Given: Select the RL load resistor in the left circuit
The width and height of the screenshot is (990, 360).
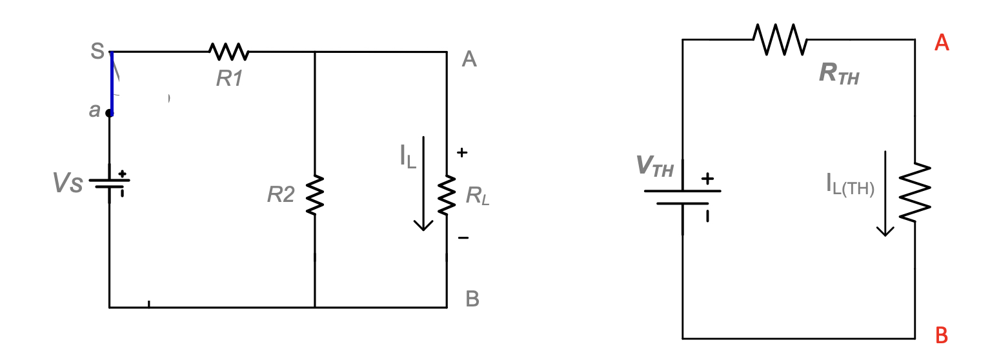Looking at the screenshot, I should point(447,195).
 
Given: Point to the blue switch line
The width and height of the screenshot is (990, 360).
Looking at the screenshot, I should point(111,82).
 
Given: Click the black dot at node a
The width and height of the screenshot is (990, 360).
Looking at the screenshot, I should point(109,113).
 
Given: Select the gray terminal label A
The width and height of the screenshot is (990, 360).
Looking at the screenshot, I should point(470,60).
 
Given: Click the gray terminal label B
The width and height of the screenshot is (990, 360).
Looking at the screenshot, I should point(472,299).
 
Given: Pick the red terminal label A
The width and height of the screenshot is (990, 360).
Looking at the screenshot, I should point(942,43).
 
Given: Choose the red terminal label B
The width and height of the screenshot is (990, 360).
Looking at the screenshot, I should point(942,335).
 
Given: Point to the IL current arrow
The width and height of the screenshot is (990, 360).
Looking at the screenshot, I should point(423,183).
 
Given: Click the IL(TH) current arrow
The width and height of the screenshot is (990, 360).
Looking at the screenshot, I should point(885,194).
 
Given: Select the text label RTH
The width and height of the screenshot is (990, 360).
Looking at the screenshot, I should point(839,74).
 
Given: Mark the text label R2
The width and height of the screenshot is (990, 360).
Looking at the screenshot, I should point(281,194).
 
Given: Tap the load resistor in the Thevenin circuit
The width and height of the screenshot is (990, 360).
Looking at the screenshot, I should point(915,192).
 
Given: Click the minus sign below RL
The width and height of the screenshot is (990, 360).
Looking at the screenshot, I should point(463,238).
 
